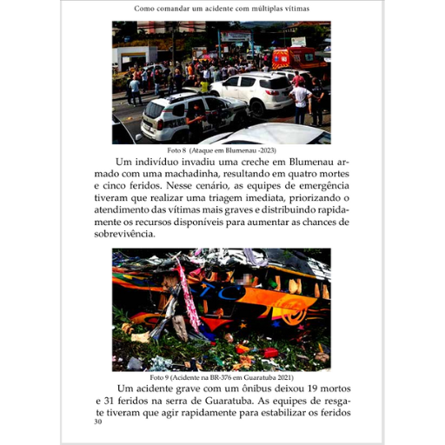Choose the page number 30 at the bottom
97,422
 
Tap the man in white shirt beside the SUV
302,100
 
